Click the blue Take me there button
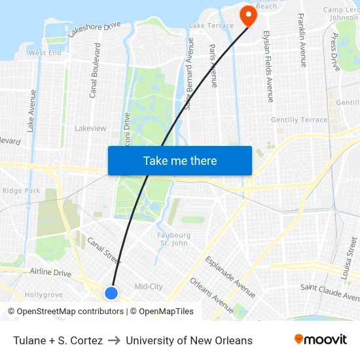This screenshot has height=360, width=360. coord(180,160)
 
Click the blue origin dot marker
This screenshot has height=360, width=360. coord(111,293)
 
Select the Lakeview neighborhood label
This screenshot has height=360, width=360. coord(90,128)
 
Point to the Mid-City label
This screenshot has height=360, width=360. coord(149,287)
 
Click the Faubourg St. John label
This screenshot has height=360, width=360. coord(173,239)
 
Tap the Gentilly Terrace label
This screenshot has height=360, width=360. coord(298,120)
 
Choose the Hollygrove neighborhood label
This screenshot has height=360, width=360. coord(43,295)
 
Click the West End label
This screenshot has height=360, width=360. coord(45,53)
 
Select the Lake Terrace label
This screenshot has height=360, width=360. coord(211,26)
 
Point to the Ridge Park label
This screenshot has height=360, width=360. coord(21,190)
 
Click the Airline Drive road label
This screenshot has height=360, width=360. coord(50,272)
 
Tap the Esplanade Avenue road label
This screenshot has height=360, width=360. coord(230,278)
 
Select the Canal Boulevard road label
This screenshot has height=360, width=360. coord(95,70)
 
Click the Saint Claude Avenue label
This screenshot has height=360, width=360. coord(330,290)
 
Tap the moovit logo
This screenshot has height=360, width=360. coord(321,340)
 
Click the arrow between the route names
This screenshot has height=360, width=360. coord(114,340)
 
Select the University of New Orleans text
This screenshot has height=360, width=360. coord(189,340)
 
